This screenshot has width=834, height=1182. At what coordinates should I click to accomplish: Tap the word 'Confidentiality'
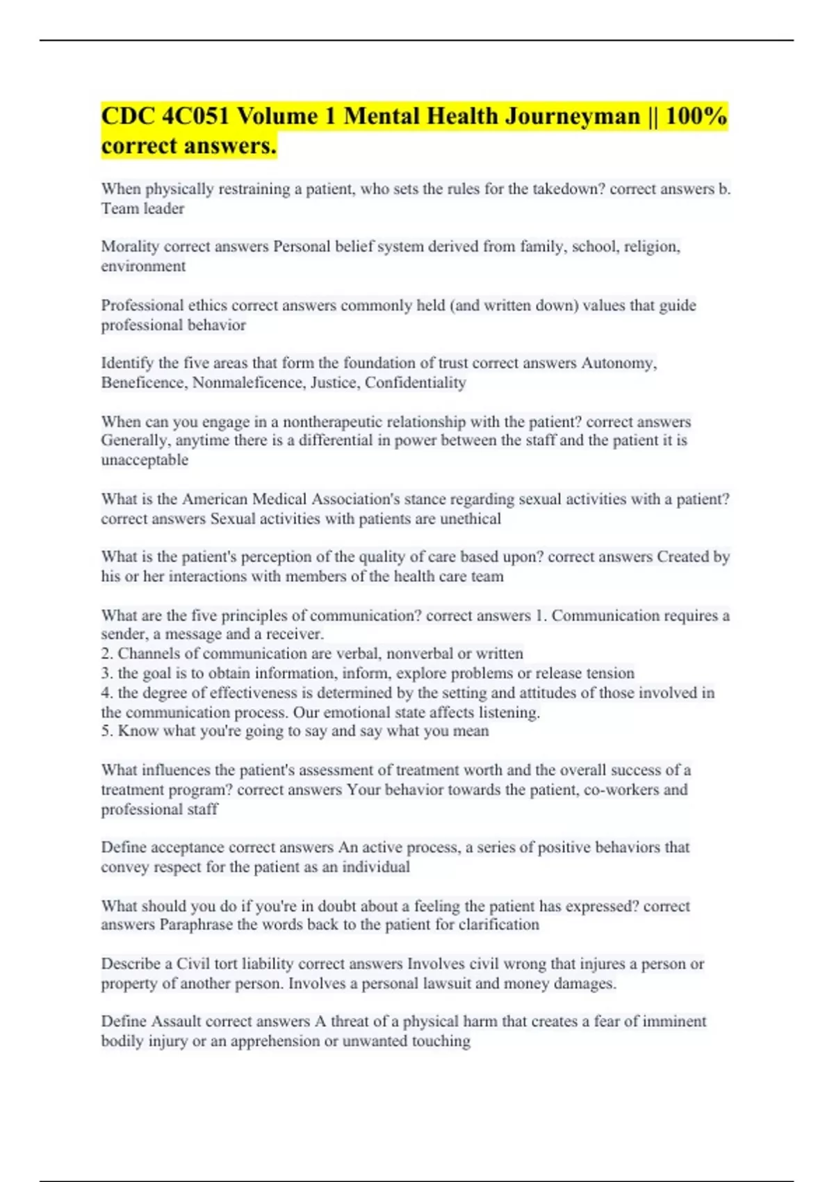coord(415,382)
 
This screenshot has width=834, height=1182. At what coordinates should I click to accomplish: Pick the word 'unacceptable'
coord(145,460)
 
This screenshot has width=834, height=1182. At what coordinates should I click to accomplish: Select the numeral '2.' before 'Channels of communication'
coord(107,654)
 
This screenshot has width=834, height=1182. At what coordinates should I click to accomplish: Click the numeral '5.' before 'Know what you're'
coord(107,731)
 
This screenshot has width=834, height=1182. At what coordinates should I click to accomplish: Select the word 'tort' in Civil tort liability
coord(225,964)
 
